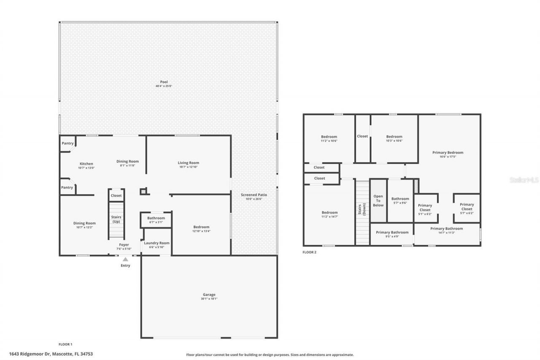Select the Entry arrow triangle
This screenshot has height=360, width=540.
pyautogui.click(x=125, y=260)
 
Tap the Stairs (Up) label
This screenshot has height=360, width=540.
pyautogui.click(x=116, y=219)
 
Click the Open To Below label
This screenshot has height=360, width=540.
pyautogui.click(x=378, y=200)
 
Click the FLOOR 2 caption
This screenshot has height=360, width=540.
pyautogui.click(x=309, y=252)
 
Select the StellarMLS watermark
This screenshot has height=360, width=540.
pyautogui.click(x=524, y=180)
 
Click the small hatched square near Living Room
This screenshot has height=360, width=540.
pyautogui.click(x=144, y=192)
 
